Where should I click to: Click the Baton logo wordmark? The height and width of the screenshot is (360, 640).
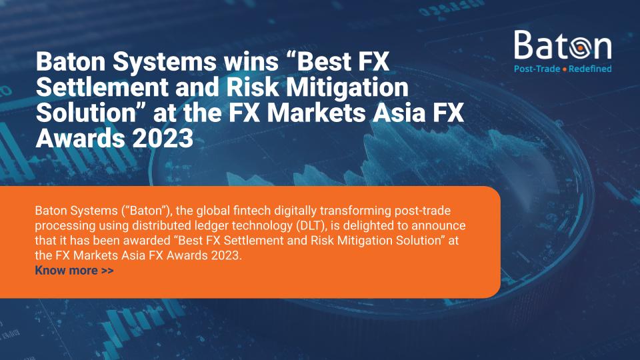coord(563,45)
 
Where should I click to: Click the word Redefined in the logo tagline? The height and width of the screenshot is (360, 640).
coord(591,69)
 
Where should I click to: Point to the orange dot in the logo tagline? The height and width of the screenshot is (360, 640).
coord(564,69)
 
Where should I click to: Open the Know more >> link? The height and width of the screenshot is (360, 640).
coord(74,271)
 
